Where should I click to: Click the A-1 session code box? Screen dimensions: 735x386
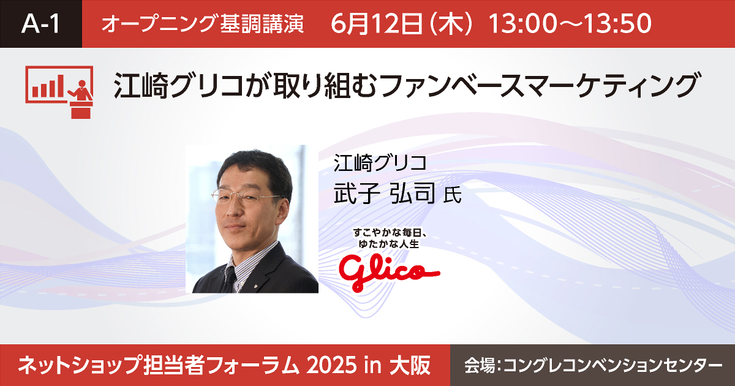[x=40, y=24]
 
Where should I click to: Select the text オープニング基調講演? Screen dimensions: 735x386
[x=203, y=25]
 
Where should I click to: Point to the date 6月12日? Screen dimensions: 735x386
[x=376, y=24]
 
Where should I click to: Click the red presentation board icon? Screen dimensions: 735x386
[x=59, y=92]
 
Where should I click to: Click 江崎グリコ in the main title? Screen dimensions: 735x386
[x=179, y=86]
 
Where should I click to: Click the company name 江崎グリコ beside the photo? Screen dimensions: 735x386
[x=380, y=163]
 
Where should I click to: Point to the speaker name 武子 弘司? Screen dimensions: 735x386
[x=385, y=193]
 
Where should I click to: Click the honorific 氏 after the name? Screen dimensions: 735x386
[x=453, y=195]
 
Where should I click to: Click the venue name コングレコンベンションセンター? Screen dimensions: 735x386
[x=612, y=366]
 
